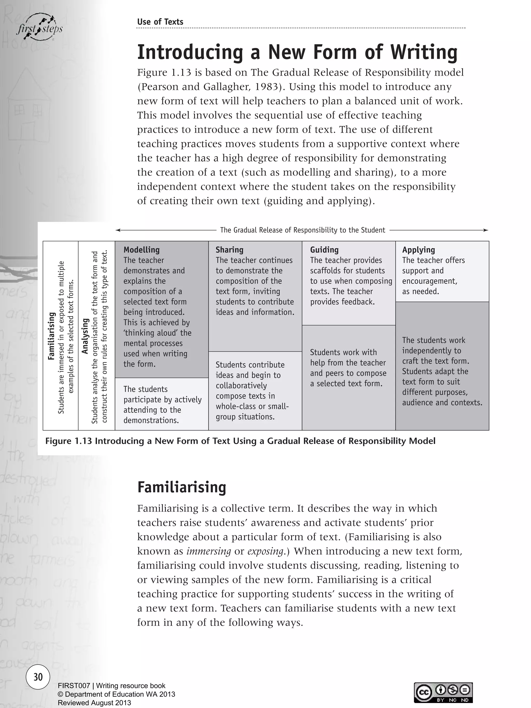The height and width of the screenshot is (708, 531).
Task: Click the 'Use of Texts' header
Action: click(x=160, y=22)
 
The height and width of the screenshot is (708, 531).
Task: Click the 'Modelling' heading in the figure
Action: click(x=142, y=250)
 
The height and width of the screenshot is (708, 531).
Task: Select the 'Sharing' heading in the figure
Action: click(x=229, y=250)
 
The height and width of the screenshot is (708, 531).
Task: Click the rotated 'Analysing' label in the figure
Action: click(x=85, y=336)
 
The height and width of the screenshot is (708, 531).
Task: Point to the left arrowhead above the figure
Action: click(x=118, y=230)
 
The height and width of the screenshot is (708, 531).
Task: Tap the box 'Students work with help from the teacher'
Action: click(x=348, y=368)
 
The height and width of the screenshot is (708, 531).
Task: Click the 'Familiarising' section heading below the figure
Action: click(x=181, y=487)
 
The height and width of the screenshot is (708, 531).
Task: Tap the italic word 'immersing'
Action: click(x=208, y=551)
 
